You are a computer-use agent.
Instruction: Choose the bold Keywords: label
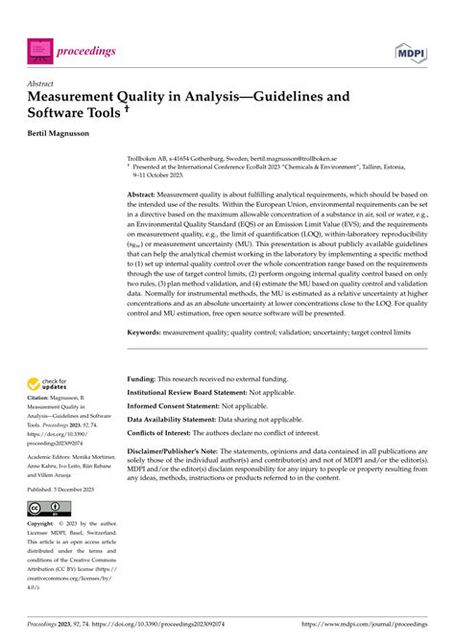154,332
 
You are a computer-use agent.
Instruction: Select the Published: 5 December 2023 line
65,488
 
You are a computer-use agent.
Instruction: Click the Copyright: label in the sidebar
42,525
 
